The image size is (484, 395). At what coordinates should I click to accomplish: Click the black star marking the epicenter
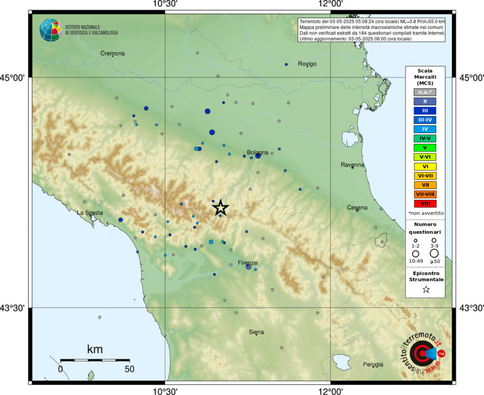pos(220,207)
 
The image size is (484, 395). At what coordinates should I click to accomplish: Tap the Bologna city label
pos(258,153)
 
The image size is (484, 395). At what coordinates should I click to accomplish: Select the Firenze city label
pos(248,263)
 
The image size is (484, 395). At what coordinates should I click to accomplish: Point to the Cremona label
pos(112,53)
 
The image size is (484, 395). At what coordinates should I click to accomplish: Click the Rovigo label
pos(307,64)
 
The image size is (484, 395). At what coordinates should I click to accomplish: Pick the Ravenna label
pos(353,165)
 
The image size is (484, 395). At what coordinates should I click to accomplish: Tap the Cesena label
pos(357,207)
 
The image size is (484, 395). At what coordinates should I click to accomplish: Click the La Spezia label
pos(90,213)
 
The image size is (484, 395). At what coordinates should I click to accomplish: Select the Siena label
pos(256,332)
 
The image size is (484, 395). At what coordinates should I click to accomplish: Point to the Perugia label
pos(373,364)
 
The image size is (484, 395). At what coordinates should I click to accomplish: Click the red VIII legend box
pos(425,204)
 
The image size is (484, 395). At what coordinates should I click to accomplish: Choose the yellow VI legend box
pos(425,166)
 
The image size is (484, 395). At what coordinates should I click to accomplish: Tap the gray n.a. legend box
pos(425,92)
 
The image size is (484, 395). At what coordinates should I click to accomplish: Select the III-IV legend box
pos(425,120)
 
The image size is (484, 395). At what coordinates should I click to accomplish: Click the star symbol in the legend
pos(426,290)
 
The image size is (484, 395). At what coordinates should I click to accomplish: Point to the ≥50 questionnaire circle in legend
pos(434,254)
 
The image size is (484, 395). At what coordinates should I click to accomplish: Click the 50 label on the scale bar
pos(129,368)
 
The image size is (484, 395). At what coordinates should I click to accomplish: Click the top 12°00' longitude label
pos(330,4)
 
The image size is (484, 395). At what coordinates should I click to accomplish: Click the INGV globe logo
pos(51,30)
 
